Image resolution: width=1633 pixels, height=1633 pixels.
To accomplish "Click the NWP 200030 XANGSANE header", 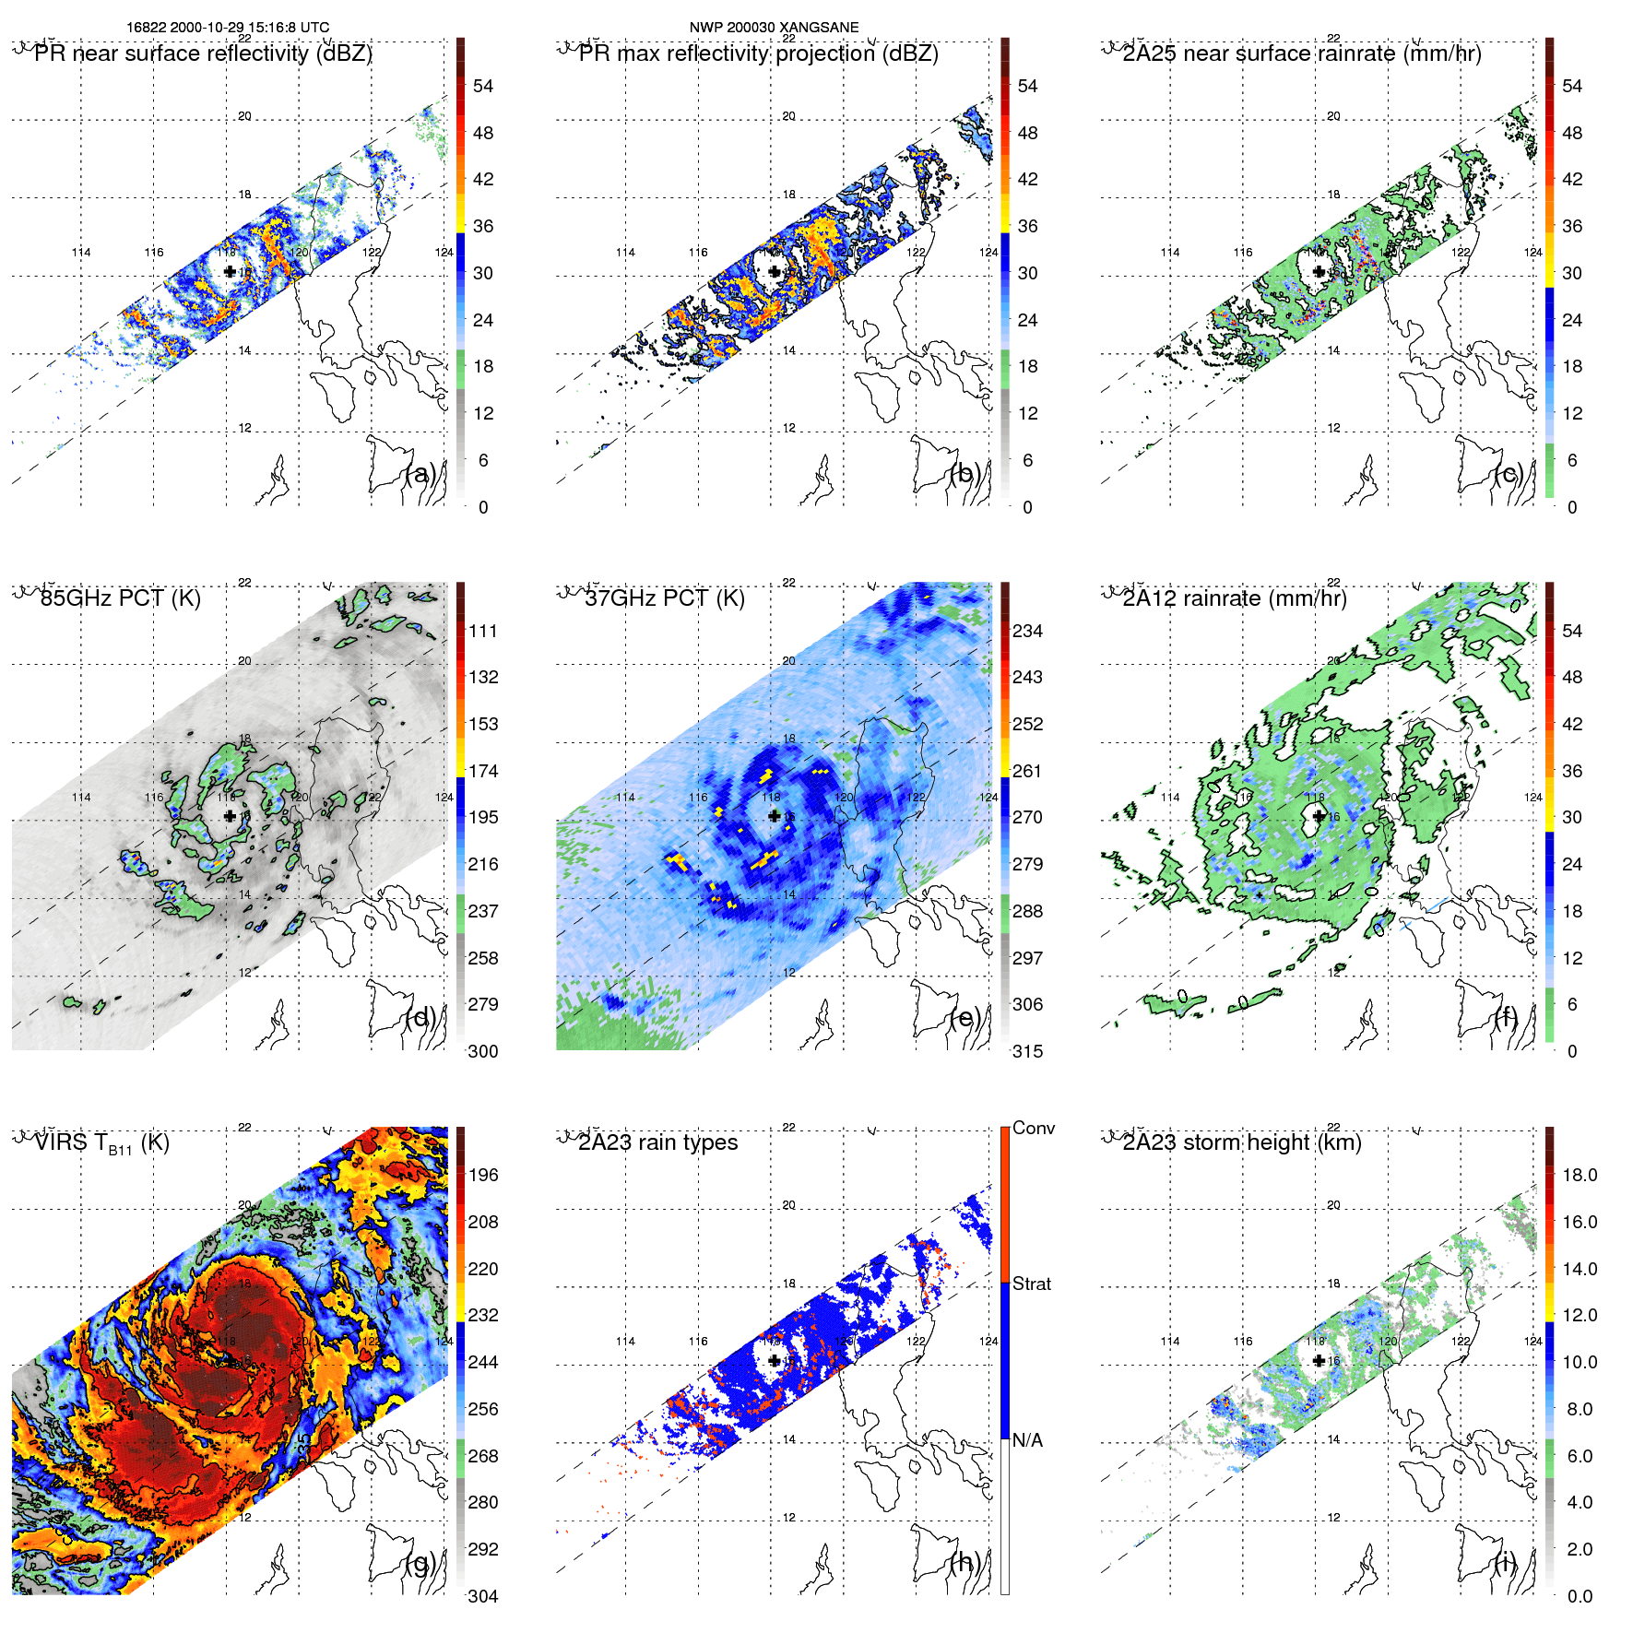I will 774,27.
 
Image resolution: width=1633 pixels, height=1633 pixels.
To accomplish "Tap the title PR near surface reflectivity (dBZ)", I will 203,53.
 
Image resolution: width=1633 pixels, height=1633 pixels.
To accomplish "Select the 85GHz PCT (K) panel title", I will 120,598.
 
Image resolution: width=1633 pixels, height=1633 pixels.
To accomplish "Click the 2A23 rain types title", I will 657,1142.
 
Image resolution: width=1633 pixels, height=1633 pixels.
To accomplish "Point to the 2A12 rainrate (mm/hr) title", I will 1234,598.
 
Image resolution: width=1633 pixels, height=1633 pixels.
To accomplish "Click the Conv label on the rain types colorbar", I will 1033,1128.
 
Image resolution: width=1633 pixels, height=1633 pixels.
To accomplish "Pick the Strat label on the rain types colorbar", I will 1031,1284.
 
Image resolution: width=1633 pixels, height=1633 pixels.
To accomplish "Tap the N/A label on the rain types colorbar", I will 1027,1440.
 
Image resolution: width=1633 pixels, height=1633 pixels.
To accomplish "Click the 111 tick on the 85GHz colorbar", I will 483,631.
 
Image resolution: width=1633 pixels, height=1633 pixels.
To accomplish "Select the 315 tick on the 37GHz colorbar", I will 1027,1051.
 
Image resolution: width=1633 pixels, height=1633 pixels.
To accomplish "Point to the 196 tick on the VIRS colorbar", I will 483,1175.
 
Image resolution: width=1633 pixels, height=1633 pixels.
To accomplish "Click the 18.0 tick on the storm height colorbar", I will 1579,1175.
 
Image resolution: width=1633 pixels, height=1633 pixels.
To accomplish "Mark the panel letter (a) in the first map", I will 420,474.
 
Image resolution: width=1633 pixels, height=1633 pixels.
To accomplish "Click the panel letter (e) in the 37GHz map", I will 964,1018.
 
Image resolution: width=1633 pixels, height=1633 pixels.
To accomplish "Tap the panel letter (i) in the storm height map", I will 1507,1562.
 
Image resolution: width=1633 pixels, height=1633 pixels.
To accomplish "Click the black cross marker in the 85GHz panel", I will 230,816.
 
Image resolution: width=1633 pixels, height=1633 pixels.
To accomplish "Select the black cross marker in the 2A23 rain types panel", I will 775,1360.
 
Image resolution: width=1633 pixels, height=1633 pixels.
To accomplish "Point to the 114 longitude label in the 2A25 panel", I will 1169,252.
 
